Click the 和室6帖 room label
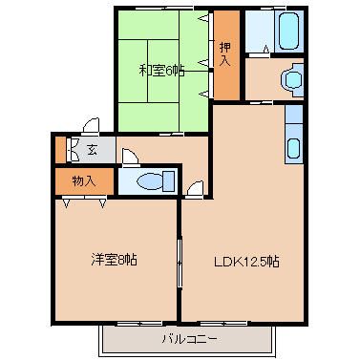tap(161, 71)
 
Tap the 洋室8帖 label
tap(115, 260)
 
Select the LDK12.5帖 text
tap(246, 262)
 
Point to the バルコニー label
tap(190, 339)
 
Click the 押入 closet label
tap(225, 54)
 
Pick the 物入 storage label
tap(84, 181)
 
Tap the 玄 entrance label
tap(92, 150)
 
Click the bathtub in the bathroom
tap(289, 32)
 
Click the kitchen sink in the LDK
tap(293, 149)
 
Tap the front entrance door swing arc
tap(91, 125)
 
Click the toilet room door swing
tap(131, 157)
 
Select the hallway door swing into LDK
tap(194, 189)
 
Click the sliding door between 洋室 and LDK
tap(180, 262)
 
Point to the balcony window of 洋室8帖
tap(138, 324)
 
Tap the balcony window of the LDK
tap(223, 324)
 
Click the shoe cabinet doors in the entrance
tap(74, 149)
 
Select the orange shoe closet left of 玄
tap(60, 149)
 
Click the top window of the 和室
tap(164, 8)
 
